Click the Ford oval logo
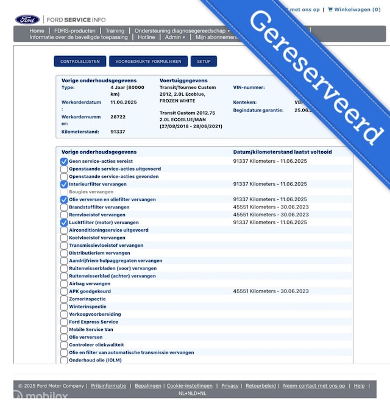(27, 20)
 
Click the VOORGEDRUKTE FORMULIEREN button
(148, 62)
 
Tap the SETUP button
(204, 62)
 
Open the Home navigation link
(37, 30)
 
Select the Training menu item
(115, 30)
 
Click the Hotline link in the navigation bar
(146, 37)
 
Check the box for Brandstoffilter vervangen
(64, 207)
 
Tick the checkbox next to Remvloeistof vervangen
(64, 215)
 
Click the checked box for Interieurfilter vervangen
(64, 184)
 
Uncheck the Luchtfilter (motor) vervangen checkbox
(64, 223)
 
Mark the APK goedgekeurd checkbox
(64, 292)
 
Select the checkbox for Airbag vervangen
(64, 284)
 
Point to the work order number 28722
(118, 116)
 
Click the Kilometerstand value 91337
(118, 132)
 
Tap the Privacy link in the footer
(230, 386)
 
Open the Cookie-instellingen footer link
(190, 386)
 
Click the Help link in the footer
(359, 386)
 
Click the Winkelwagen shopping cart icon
(330, 10)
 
